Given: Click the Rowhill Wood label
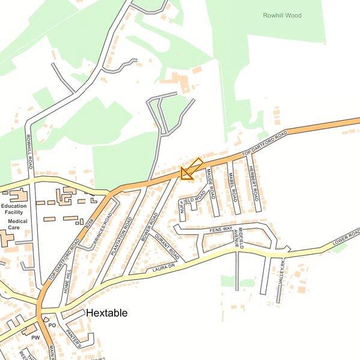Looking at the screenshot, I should pos(282,15).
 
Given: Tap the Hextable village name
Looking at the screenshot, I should pos(106,313).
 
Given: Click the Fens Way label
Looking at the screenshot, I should pos(221,230).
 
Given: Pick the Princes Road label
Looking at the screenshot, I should pos(103,230).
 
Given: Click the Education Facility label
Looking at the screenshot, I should pos(14,209).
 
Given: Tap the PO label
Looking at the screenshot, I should pos(52,325).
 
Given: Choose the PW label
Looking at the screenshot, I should pos(35,338).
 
